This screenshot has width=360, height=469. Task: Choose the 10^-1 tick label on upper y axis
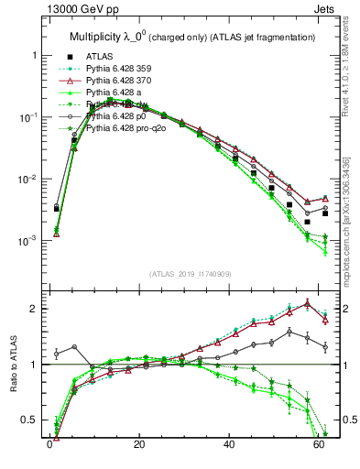[26, 117]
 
